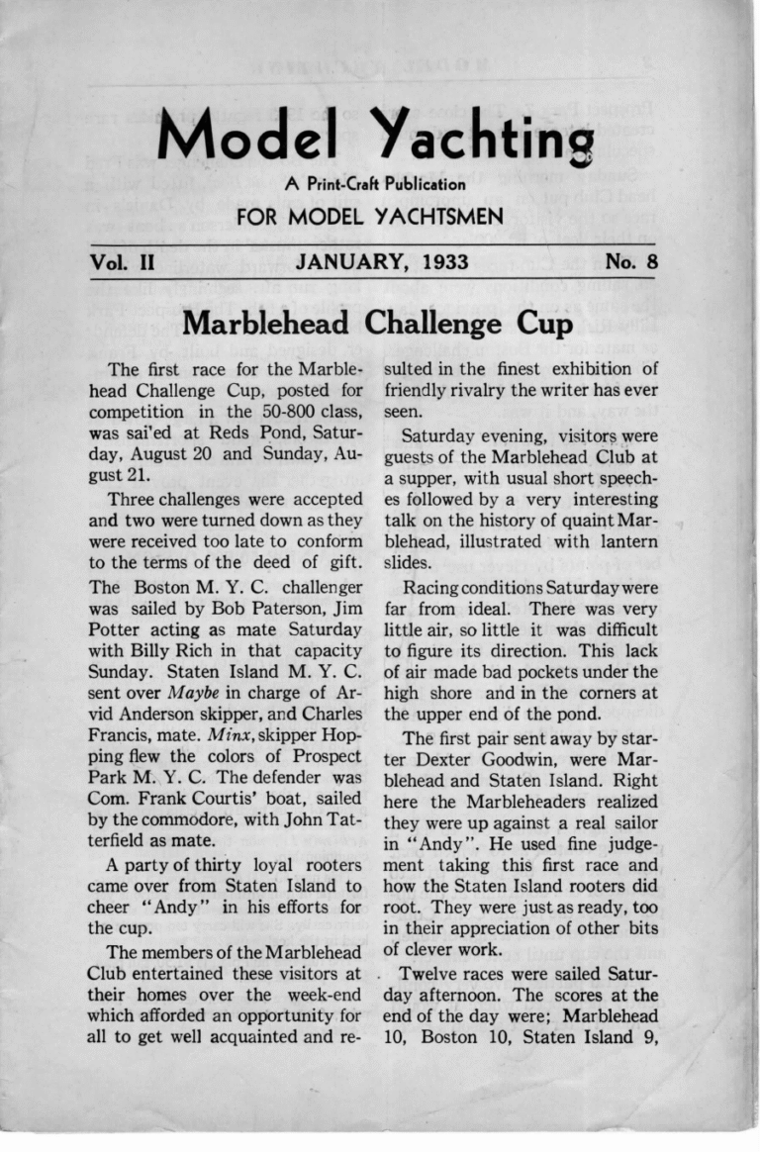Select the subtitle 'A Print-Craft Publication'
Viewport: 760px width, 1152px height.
tap(374, 183)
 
